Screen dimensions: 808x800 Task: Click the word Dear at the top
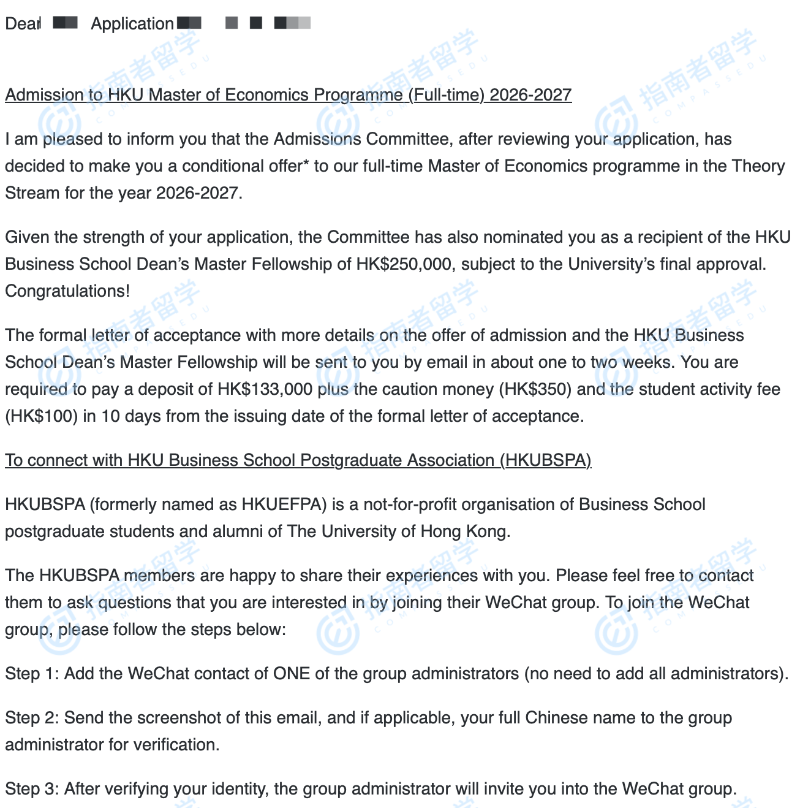click(x=23, y=24)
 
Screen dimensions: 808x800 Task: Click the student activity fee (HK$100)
click(x=42, y=416)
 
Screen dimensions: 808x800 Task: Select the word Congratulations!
click(x=67, y=291)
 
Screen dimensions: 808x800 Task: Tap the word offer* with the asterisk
click(x=288, y=166)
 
